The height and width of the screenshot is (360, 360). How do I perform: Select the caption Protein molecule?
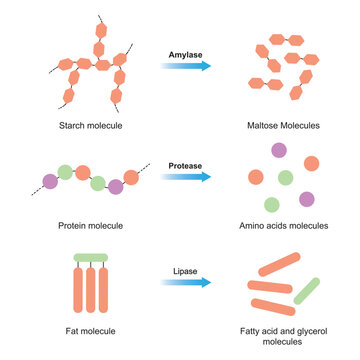[89, 225]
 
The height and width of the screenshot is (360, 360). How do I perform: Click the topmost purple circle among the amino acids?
[279, 151]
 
